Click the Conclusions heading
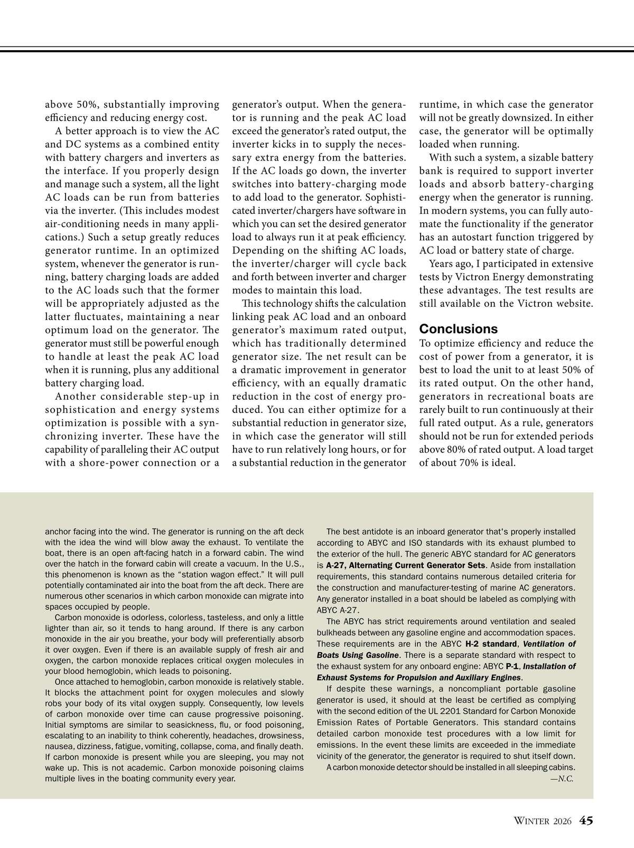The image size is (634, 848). coord(459,329)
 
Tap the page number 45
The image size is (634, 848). coord(586,821)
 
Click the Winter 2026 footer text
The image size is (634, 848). coord(543,821)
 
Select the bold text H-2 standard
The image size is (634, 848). coord(490,644)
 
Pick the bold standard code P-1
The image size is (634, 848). coord(512,666)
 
